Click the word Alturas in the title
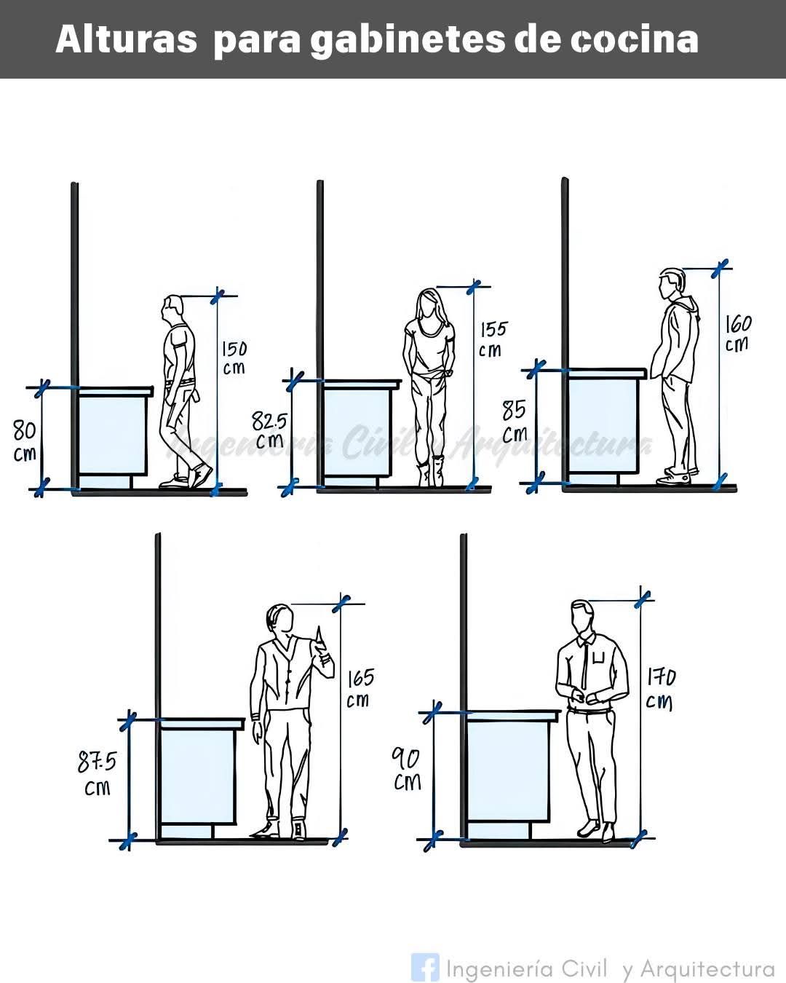(127, 40)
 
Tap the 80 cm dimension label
(25, 441)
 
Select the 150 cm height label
(234, 358)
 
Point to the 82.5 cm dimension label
(269, 430)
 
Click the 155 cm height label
(493, 339)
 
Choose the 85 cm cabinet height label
(515, 422)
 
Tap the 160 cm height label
(739, 333)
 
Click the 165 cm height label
(360, 688)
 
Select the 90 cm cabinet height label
(407, 769)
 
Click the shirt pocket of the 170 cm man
(599, 658)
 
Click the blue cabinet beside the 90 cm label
(508, 773)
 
